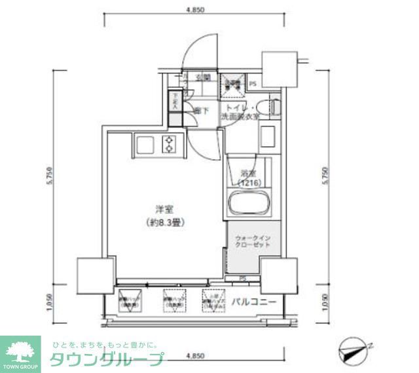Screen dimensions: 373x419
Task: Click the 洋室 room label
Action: [x=164, y=210]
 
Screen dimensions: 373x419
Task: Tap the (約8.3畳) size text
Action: [x=164, y=222]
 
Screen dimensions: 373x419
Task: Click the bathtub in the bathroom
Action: [x=247, y=204]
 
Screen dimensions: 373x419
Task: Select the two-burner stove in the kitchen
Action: [x=170, y=144]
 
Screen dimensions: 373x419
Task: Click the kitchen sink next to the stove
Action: [x=144, y=144]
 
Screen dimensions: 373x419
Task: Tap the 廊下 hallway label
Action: [x=202, y=111]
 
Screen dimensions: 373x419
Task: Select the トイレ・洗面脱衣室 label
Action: [x=240, y=111]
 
